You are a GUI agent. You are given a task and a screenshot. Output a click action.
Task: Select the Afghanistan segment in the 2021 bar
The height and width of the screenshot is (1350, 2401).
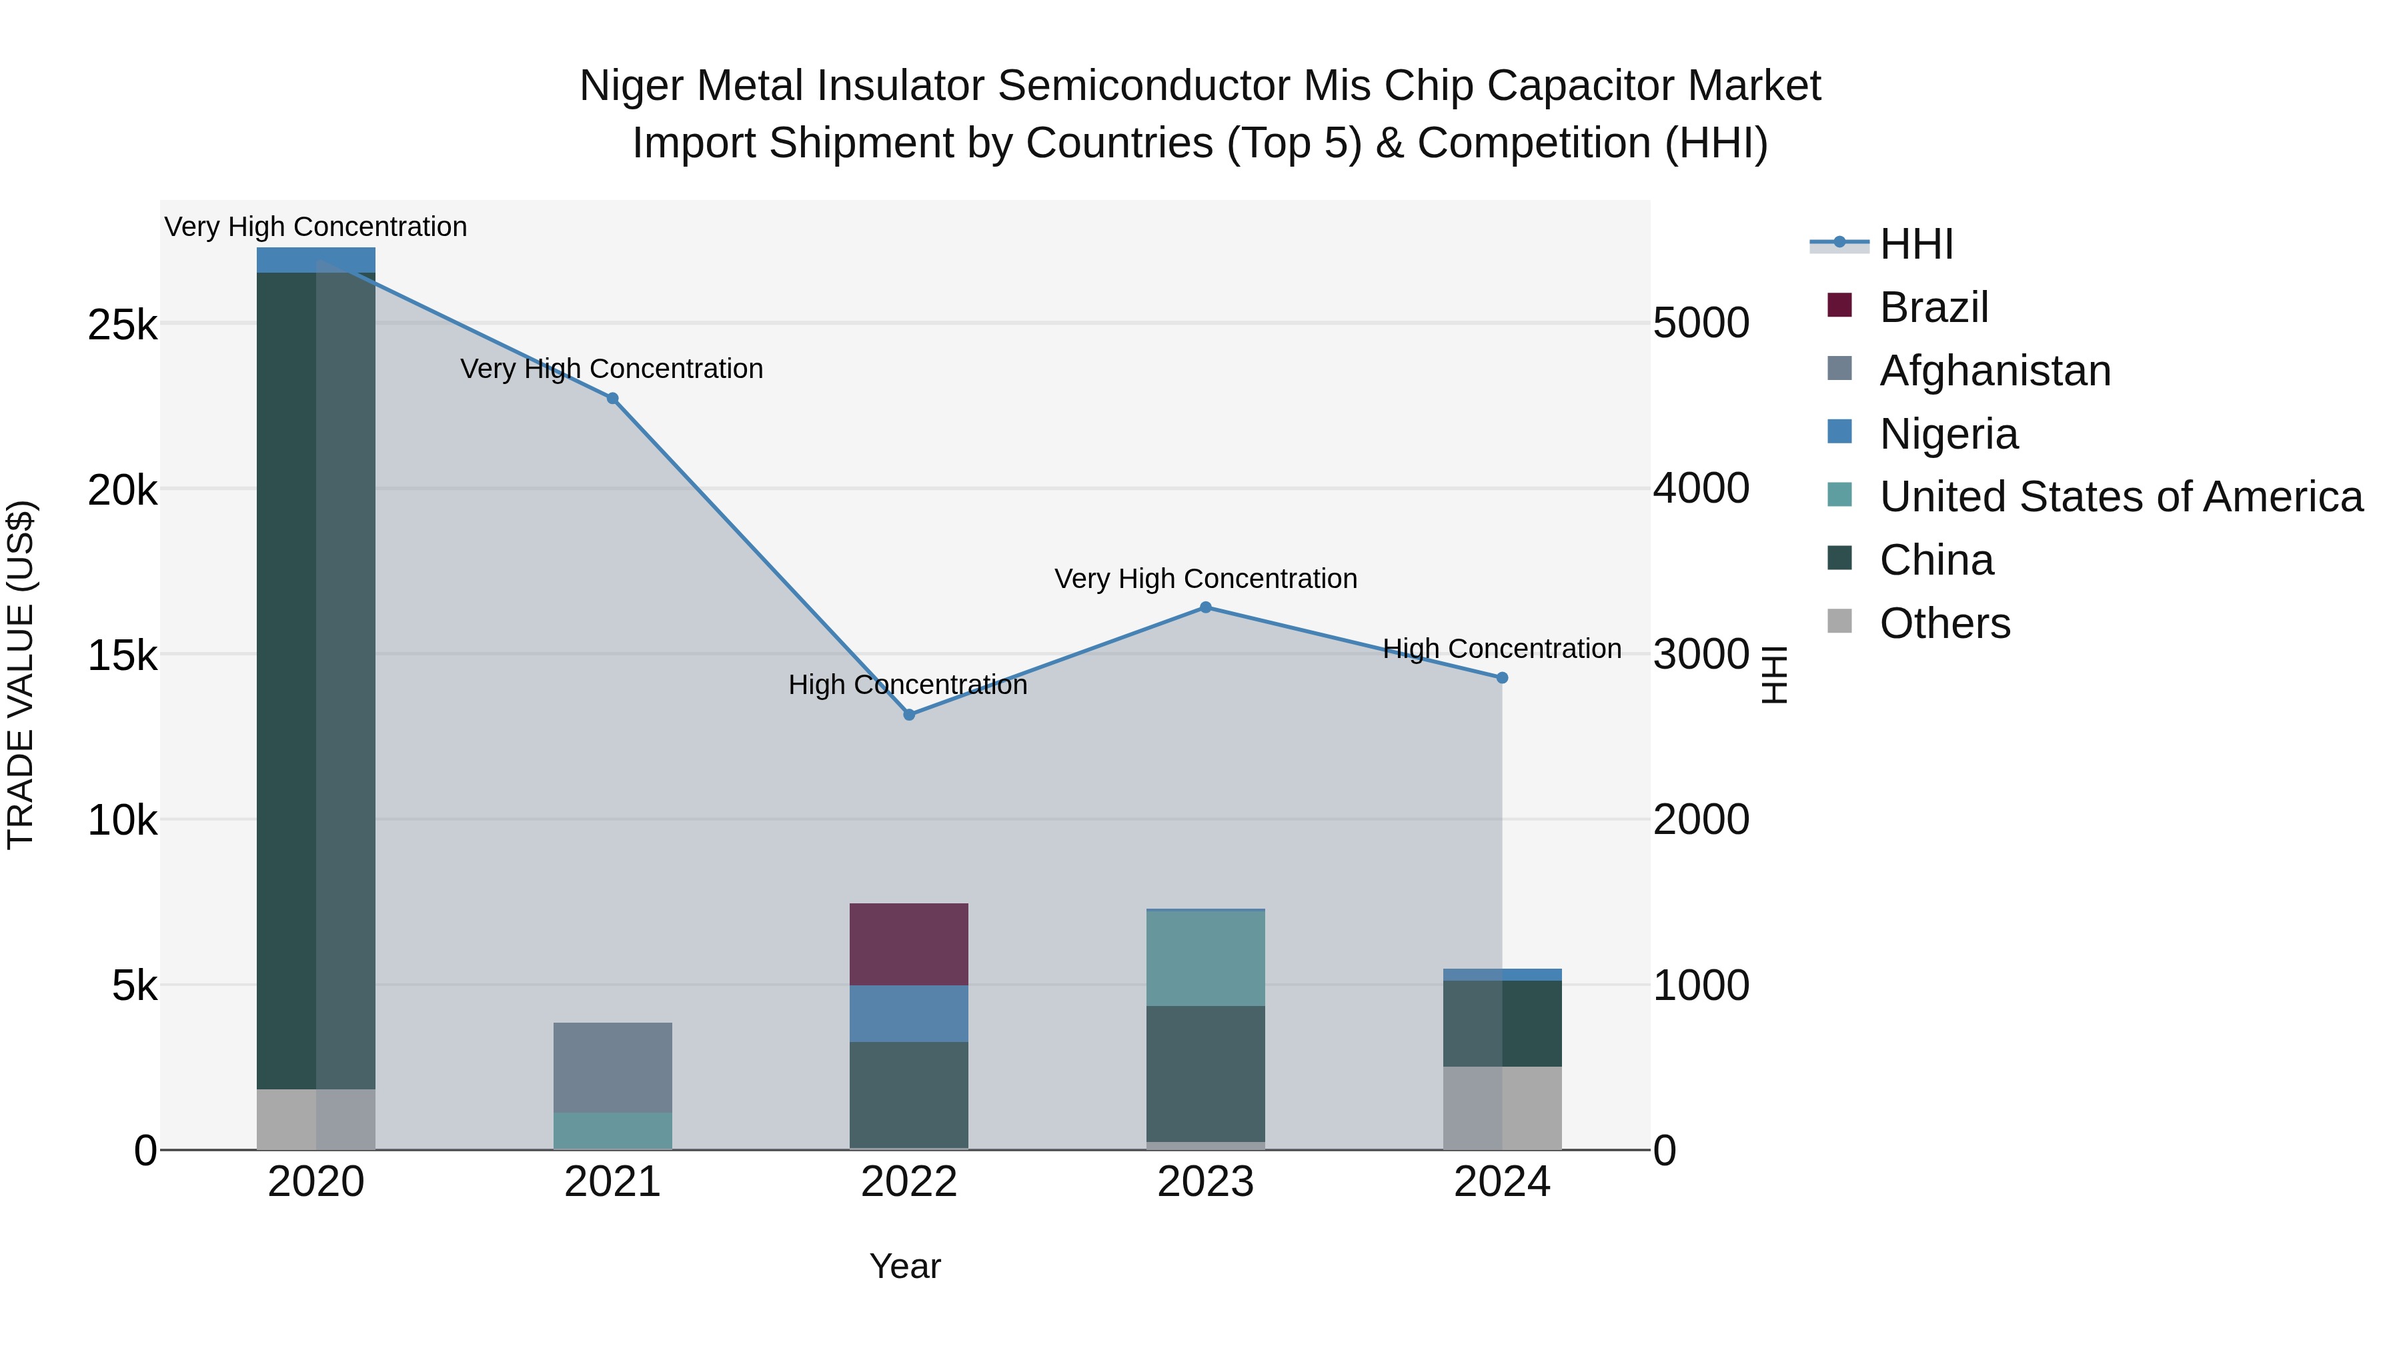pyautogui.click(x=612, y=1067)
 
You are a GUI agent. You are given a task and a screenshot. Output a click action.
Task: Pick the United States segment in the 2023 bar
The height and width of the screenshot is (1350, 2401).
pyautogui.click(x=1205, y=958)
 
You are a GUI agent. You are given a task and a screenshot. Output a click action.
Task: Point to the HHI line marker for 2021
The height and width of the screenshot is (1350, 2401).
pyautogui.click(x=612, y=399)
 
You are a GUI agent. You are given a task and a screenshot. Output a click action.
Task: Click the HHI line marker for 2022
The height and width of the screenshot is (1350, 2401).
pyautogui.click(x=909, y=715)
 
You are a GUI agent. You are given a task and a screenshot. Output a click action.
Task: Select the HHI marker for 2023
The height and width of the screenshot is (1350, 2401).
pyautogui.click(x=1205, y=607)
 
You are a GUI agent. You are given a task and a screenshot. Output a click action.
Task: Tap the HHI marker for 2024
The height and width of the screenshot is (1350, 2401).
pyautogui.click(x=1501, y=678)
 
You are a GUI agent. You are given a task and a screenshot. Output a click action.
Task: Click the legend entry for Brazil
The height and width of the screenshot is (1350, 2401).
pyautogui.click(x=1933, y=307)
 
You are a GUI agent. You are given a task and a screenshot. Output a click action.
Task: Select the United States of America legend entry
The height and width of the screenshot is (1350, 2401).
pyautogui.click(x=2120, y=497)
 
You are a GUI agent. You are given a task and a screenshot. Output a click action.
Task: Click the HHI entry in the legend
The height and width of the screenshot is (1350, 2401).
pyautogui.click(x=1915, y=244)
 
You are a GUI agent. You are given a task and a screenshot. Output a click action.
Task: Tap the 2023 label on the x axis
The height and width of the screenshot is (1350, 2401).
pyautogui.click(x=1205, y=1182)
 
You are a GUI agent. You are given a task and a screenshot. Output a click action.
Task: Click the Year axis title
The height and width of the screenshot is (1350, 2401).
pyautogui.click(x=905, y=1266)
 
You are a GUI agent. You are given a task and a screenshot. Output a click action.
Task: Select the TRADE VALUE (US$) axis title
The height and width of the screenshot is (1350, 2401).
pyautogui.click(x=21, y=675)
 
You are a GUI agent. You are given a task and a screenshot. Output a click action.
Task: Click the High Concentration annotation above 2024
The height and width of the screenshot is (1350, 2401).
pyautogui.click(x=1501, y=649)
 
